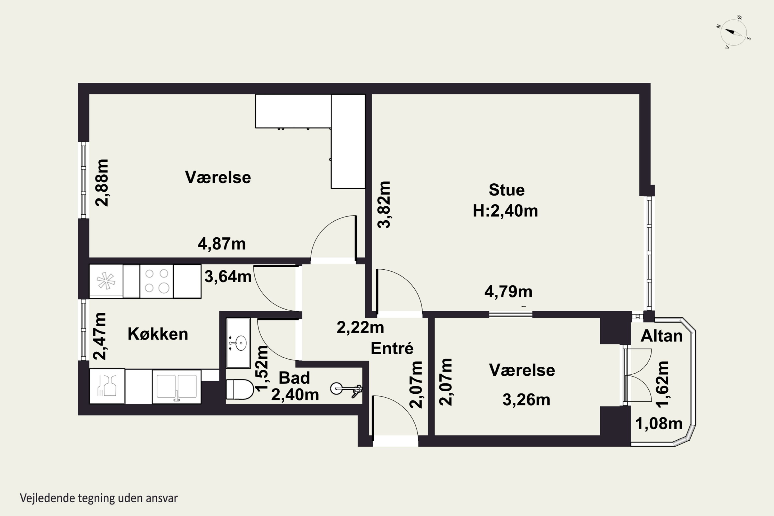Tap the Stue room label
click(506, 190)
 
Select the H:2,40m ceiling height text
click(505, 211)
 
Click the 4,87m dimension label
click(221, 244)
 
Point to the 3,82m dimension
click(384, 204)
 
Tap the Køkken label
click(158, 334)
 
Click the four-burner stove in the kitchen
click(157, 281)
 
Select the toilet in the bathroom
click(240, 389)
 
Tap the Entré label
click(392, 348)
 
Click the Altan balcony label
click(662, 336)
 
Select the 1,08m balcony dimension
click(659, 424)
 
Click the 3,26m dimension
click(526, 400)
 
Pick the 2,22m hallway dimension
click(360, 327)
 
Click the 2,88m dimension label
click(102, 183)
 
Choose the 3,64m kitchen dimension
click(228, 276)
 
